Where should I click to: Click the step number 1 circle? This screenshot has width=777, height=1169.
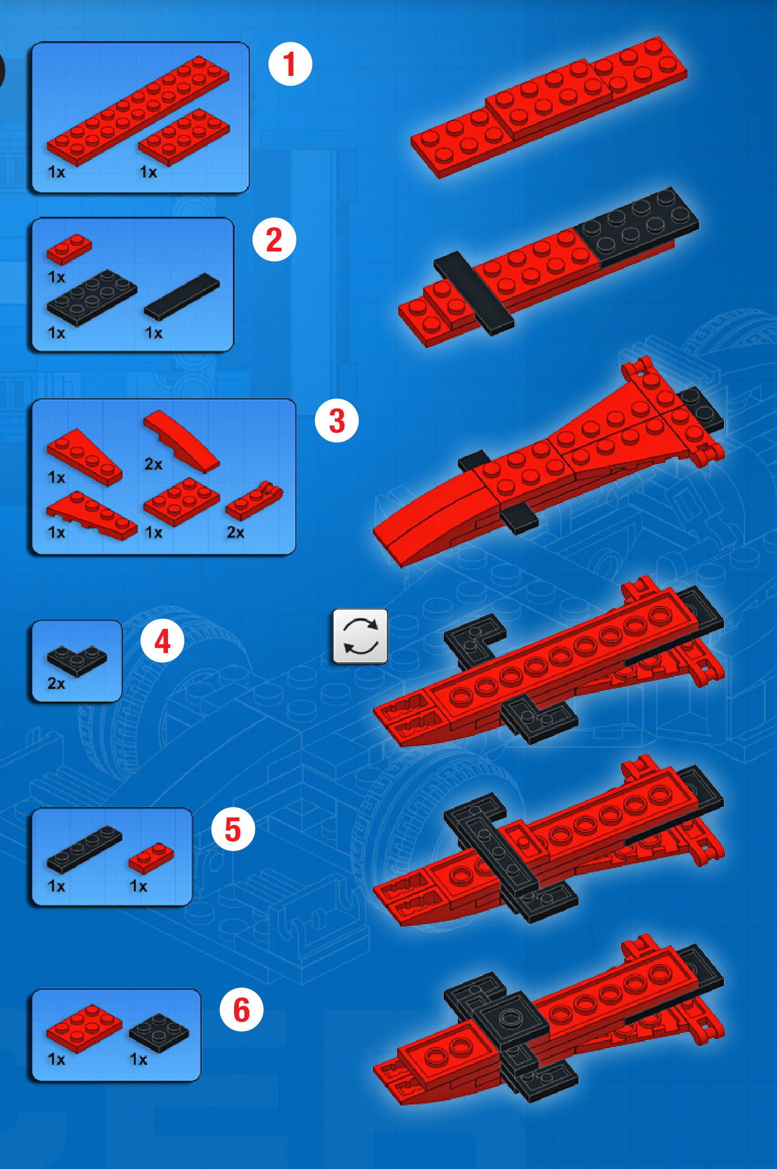click(290, 64)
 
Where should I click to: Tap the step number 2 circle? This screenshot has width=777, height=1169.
click(274, 240)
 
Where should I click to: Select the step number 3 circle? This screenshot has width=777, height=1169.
click(336, 421)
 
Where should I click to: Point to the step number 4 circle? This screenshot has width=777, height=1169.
click(162, 641)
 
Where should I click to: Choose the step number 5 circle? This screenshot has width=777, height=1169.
click(232, 829)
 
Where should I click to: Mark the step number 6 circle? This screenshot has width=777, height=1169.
click(241, 1010)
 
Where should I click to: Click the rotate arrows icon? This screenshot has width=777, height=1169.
click(360, 636)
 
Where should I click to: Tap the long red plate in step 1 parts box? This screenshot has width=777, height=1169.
click(138, 111)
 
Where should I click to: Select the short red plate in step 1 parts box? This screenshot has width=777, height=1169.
click(184, 137)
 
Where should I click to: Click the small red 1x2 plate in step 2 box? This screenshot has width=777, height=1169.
click(69, 249)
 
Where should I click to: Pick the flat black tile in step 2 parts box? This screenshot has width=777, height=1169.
click(182, 296)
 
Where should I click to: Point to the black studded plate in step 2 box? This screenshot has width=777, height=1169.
click(92, 298)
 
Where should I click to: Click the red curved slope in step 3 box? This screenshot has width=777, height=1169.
click(181, 441)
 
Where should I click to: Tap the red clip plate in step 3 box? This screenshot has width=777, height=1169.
click(254, 500)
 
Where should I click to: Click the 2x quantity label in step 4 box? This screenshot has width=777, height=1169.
click(56, 683)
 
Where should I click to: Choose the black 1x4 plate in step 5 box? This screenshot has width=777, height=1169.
click(85, 849)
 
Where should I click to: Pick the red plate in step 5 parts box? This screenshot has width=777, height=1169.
click(151, 858)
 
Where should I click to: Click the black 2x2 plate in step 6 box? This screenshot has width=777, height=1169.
click(159, 1033)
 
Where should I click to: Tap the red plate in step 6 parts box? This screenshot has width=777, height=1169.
click(85, 1029)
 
